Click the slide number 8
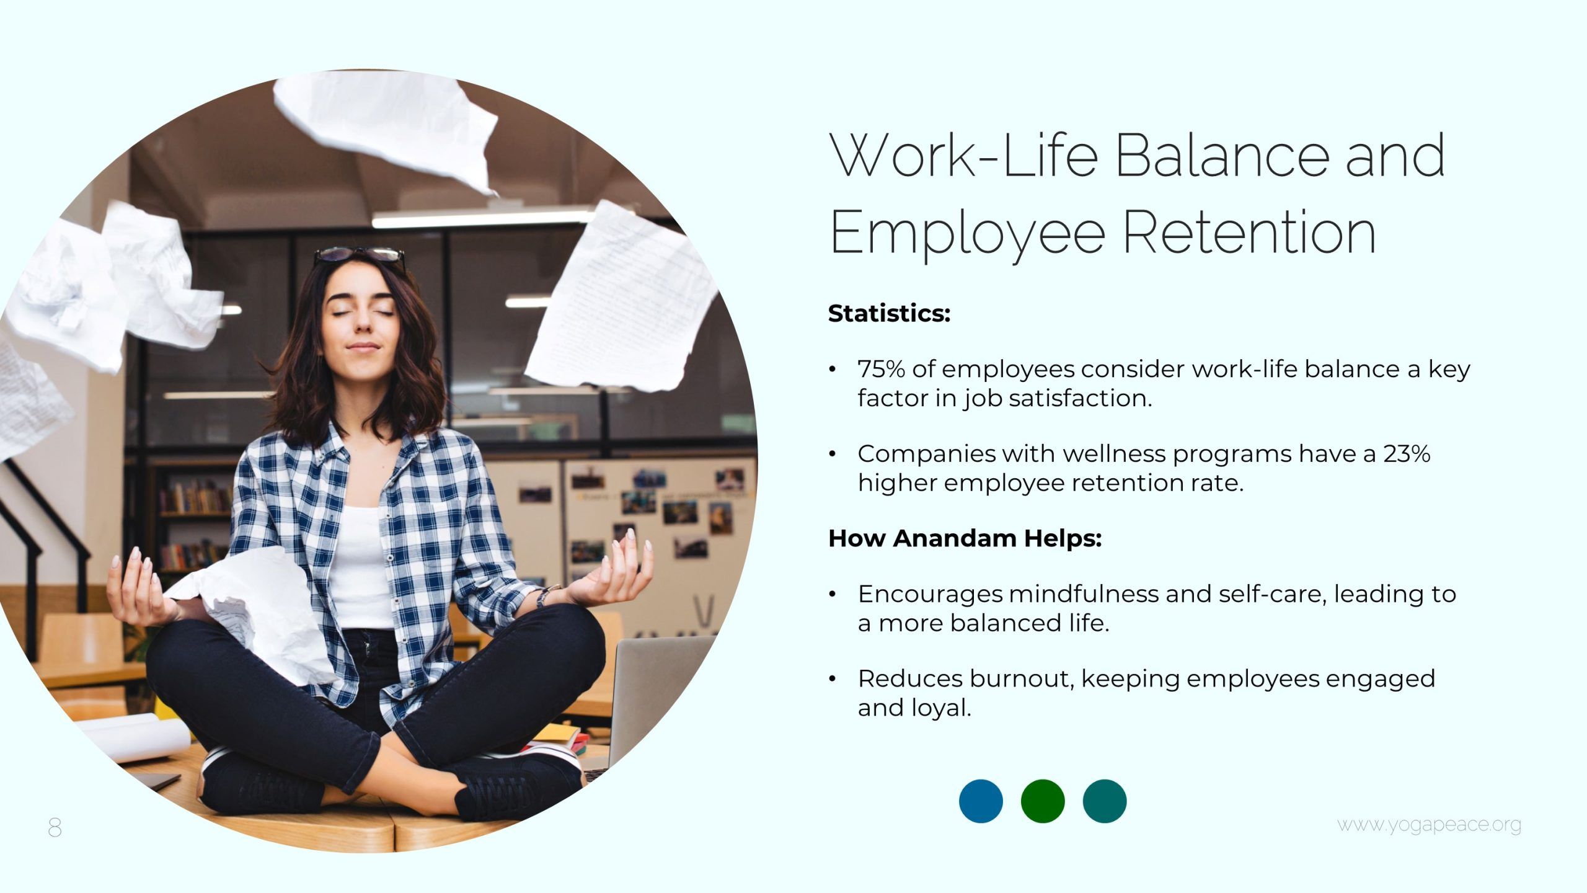tap(55, 827)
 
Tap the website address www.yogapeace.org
tap(1429, 825)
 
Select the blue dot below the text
tap(981, 801)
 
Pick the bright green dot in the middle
tap(1043, 801)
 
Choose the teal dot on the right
tap(1105, 801)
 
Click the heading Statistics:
tap(889, 313)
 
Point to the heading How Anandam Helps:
tap(965, 538)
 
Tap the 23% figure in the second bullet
tap(1407, 454)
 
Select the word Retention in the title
tap(1250, 232)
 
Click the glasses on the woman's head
tap(359, 255)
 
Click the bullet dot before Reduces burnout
tap(833, 679)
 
